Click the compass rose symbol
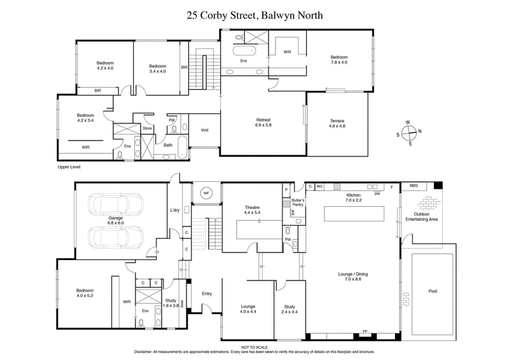point(410,133)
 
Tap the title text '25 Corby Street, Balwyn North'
point(254,15)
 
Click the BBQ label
point(414,186)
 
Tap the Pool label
point(433,291)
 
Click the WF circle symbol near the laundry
point(206,193)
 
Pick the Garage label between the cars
point(115,220)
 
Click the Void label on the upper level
point(204,130)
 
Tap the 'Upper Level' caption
point(68,167)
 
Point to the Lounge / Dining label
point(352,277)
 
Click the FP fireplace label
point(365,331)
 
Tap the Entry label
point(207,293)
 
